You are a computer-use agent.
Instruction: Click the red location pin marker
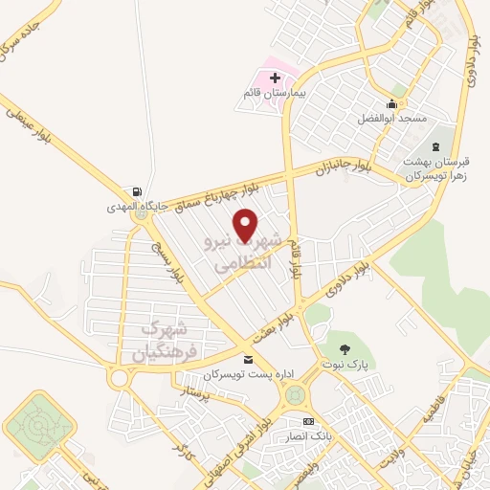pos(247,225)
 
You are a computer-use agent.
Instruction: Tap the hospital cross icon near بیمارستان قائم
pos(276,77)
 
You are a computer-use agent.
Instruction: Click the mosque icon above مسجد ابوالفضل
pos(391,103)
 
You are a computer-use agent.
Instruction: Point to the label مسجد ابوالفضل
pos(388,118)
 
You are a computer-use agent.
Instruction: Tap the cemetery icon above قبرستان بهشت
pos(437,146)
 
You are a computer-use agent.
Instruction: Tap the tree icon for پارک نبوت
pos(345,350)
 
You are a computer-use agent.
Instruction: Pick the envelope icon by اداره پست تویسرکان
pos(249,360)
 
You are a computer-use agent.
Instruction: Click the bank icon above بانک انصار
pos(307,421)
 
